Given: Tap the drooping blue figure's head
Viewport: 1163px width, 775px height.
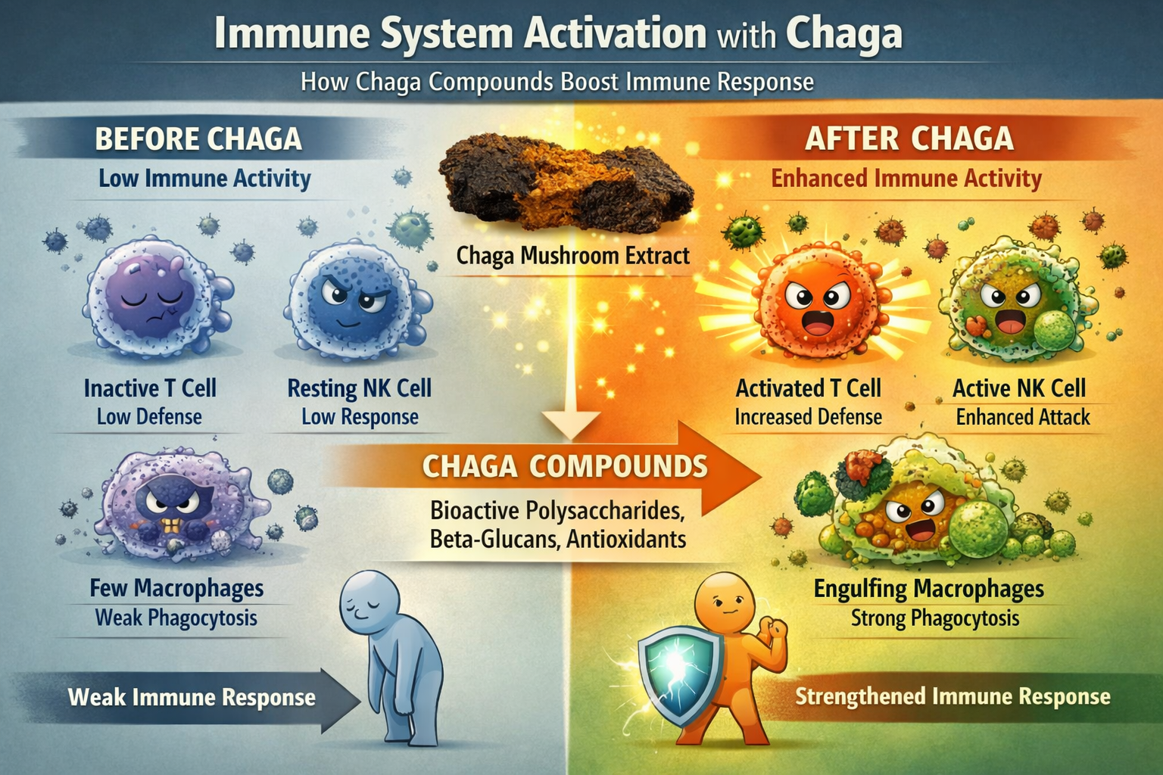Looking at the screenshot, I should (x=369, y=602).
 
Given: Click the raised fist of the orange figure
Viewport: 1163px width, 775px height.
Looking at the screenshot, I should (x=774, y=627).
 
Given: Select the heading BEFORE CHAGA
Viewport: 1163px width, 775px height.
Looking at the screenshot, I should (x=198, y=139).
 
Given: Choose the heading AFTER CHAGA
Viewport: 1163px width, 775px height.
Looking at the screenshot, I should (x=909, y=139).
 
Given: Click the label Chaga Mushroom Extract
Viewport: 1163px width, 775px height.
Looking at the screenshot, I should (x=572, y=256).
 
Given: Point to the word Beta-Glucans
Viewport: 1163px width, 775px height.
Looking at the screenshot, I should (x=493, y=540).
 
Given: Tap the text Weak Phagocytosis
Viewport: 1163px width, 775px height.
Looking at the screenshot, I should (x=176, y=618).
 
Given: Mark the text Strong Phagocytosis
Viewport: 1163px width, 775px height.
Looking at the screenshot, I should (x=935, y=618).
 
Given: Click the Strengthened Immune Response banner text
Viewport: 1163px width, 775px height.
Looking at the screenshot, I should (x=953, y=696).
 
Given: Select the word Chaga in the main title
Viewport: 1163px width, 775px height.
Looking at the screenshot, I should (x=843, y=34).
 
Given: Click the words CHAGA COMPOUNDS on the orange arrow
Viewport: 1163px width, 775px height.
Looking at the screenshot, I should (x=565, y=466).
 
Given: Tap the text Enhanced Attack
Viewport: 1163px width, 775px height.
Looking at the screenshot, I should (x=1023, y=417).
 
